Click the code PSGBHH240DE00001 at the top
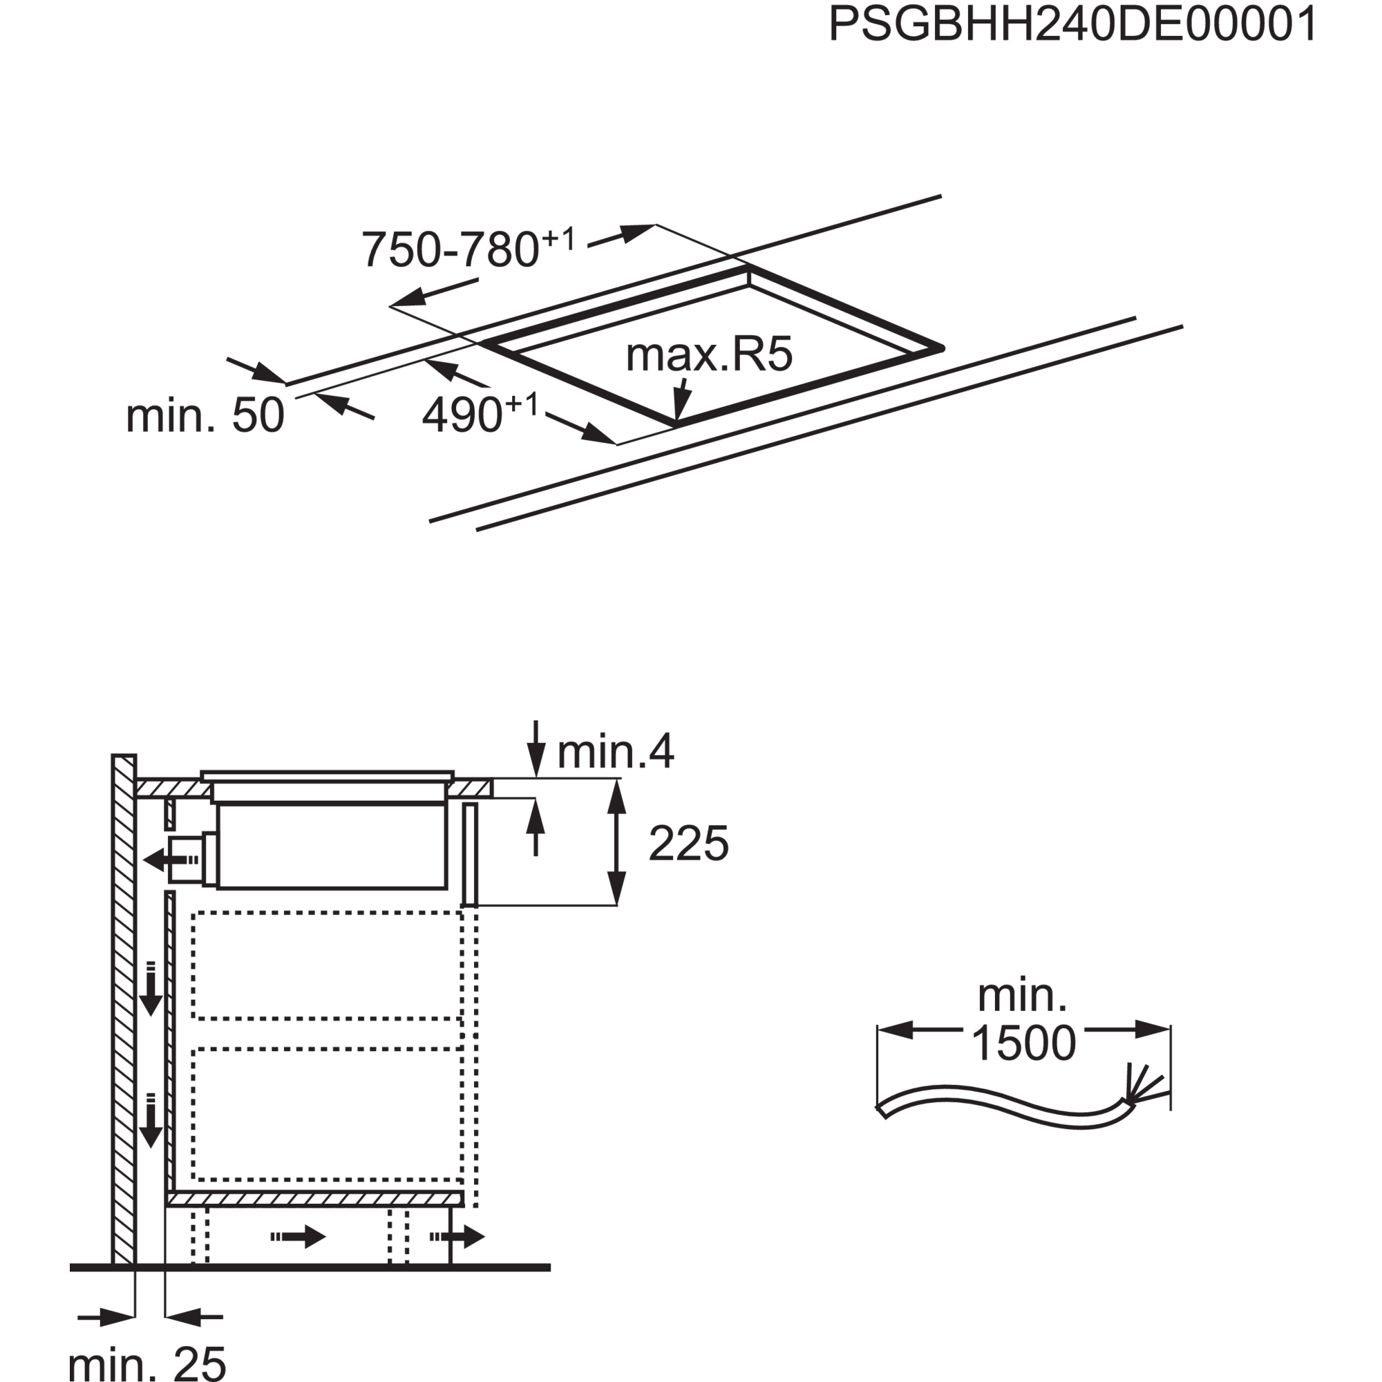click(1073, 25)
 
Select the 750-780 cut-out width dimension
click(468, 248)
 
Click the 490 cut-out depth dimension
click(480, 413)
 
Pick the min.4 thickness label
click(615, 752)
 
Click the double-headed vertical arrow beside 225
click(616, 843)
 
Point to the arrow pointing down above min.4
click(536, 748)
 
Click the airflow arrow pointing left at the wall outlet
click(171, 859)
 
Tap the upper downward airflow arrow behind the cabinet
click(150, 990)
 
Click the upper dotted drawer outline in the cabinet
click(327, 965)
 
